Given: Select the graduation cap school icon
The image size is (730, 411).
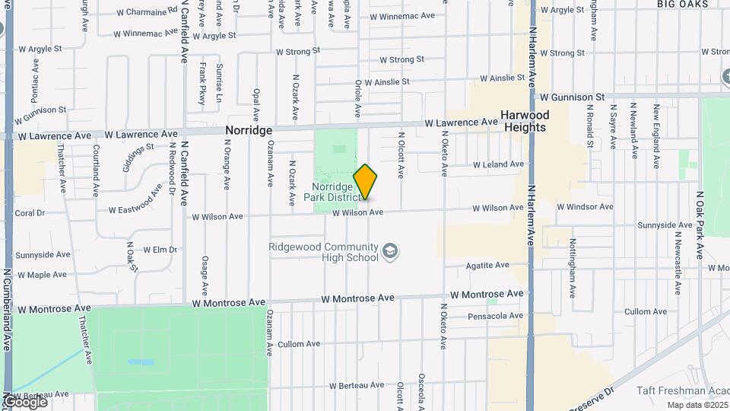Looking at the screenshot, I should [x=390, y=251].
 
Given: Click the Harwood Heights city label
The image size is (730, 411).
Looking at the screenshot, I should [x=525, y=121].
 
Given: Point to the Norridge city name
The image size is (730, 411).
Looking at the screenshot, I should [x=249, y=131].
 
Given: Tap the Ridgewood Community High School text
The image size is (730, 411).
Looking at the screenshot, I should [x=323, y=252].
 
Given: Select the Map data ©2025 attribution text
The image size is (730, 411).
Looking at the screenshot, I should [x=697, y=405].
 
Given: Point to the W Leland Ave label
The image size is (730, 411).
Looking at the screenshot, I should [x=498, y=164].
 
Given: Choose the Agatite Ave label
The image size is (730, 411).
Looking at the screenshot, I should [x=487, y=266].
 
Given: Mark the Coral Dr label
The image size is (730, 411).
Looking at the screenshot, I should [x=30, y=214].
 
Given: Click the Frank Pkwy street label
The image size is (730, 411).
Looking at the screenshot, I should [x=202, y=84].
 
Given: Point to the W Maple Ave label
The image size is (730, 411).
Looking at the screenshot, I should [x=43, y=275].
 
